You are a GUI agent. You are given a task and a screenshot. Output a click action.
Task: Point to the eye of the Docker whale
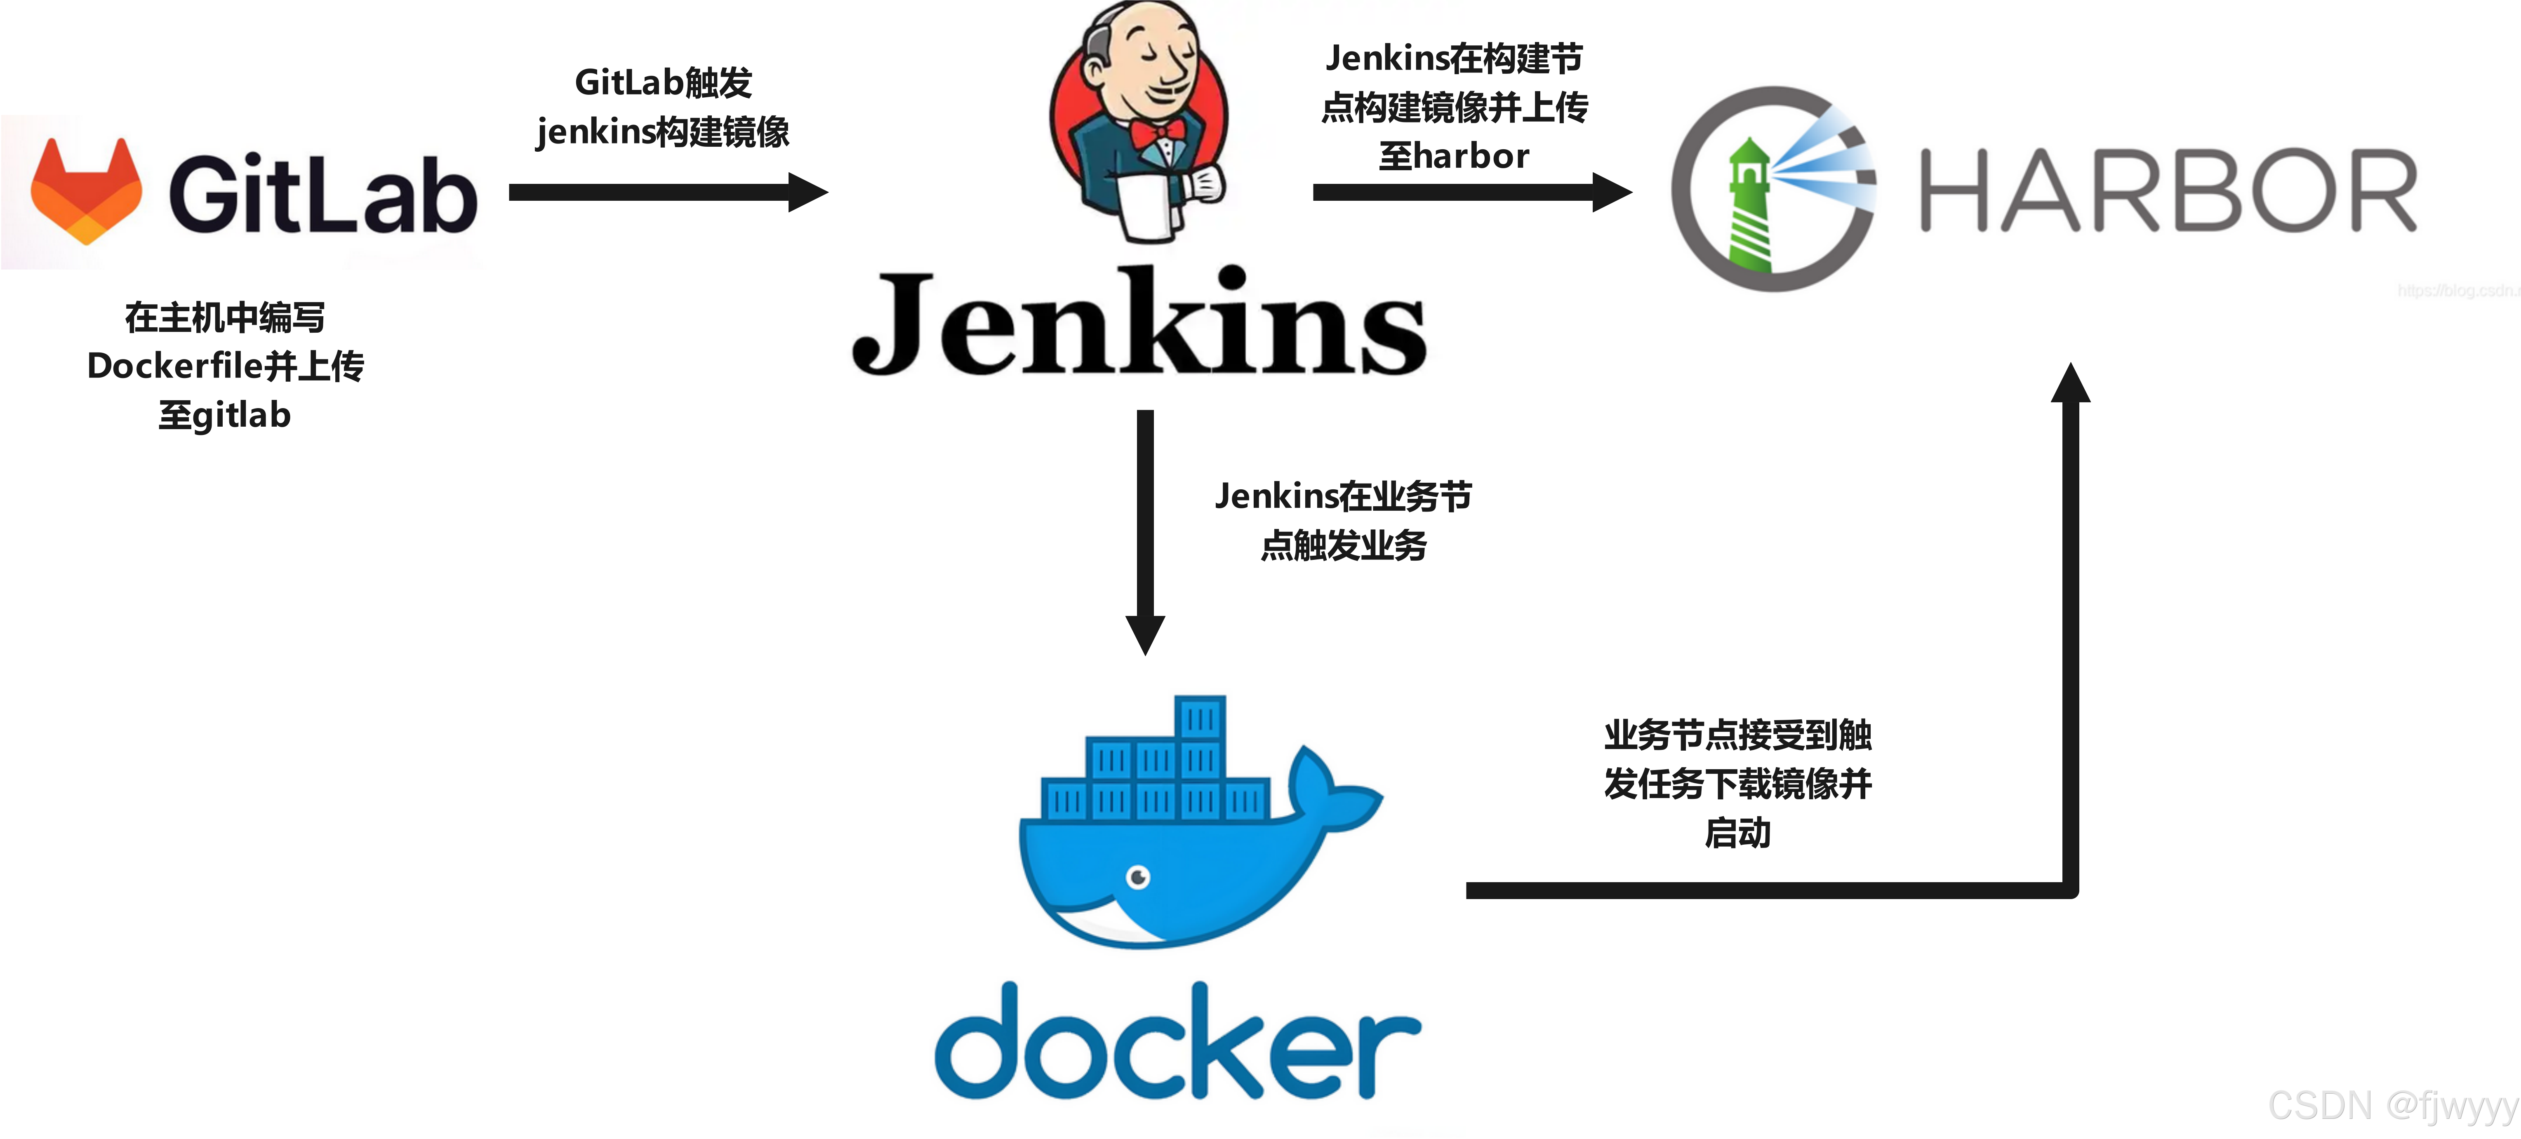[1138, 877]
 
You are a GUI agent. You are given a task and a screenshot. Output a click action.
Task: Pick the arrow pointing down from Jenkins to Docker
[1145, 528]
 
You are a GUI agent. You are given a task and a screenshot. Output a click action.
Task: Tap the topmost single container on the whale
[1200, 717]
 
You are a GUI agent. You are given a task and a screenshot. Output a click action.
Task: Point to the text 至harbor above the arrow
[1453, 157]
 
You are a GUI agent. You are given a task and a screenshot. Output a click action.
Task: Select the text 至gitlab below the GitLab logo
[225, 416]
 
